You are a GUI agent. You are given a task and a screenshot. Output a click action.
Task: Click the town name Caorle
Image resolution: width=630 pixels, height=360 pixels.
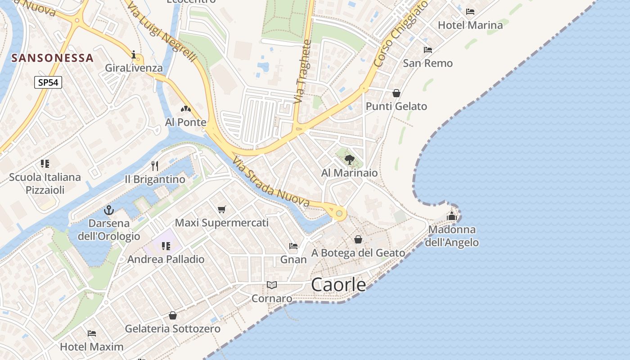(338, 284)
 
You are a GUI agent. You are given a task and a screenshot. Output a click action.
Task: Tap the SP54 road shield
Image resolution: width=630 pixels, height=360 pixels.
(48, 82)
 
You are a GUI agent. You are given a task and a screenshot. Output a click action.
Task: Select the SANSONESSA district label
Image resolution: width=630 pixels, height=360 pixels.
(53, 58)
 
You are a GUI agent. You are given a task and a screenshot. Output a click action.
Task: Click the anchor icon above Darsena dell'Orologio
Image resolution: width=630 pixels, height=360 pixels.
(108, 210)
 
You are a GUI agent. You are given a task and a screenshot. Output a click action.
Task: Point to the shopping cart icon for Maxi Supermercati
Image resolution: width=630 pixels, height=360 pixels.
(221, 209)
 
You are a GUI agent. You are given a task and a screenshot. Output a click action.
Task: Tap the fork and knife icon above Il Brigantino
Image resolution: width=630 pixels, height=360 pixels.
(155, 166)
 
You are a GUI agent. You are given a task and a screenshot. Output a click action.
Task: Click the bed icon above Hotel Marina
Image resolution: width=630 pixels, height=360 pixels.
(470, 12)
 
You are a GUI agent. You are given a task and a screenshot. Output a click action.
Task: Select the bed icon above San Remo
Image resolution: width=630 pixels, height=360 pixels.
(427, 49)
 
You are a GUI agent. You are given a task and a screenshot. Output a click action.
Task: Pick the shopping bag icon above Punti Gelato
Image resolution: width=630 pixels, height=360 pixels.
(396, 93)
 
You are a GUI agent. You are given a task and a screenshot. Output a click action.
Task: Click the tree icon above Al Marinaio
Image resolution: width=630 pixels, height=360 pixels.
(349, 159)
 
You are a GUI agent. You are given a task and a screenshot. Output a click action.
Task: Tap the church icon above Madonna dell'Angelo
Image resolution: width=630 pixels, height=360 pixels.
(452, 216)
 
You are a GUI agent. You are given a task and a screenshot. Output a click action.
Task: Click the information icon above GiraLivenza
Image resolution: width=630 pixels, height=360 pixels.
(134, 55)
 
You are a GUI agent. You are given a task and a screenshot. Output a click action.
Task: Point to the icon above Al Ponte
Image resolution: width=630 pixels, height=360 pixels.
(185, 109)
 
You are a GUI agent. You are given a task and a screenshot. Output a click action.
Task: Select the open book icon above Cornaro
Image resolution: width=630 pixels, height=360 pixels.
(271, 285)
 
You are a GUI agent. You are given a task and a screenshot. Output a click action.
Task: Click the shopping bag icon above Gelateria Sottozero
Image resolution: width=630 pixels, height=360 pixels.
(172, 315)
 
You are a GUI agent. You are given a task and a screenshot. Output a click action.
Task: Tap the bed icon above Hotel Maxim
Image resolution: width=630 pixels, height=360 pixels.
(92, 333)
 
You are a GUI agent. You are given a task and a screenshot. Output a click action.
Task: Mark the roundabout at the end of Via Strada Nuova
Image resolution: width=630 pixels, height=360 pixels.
(339, 213)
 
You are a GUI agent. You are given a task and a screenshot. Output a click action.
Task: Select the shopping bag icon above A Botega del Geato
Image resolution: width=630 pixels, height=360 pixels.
(358, 239)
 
